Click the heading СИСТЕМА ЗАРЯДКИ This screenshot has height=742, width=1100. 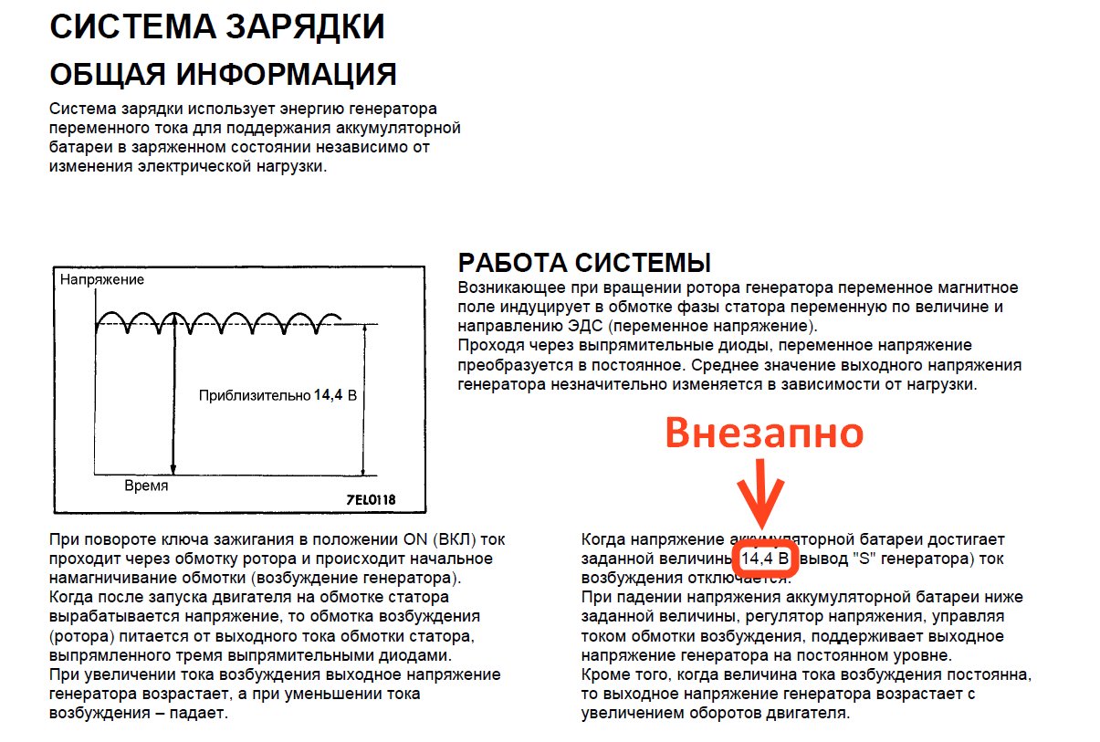pos(216,27)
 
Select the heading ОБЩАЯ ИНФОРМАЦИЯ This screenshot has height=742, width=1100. pos(223,75)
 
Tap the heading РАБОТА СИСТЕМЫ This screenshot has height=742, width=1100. pos(583,264)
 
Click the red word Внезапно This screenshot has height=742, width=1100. pos(763,434)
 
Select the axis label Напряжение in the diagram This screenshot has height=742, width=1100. pos(102,279)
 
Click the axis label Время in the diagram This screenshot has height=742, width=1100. pos(146,486)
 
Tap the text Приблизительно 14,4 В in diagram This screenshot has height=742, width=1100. pos(277,396)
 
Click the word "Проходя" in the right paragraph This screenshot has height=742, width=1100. pos(487,346)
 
